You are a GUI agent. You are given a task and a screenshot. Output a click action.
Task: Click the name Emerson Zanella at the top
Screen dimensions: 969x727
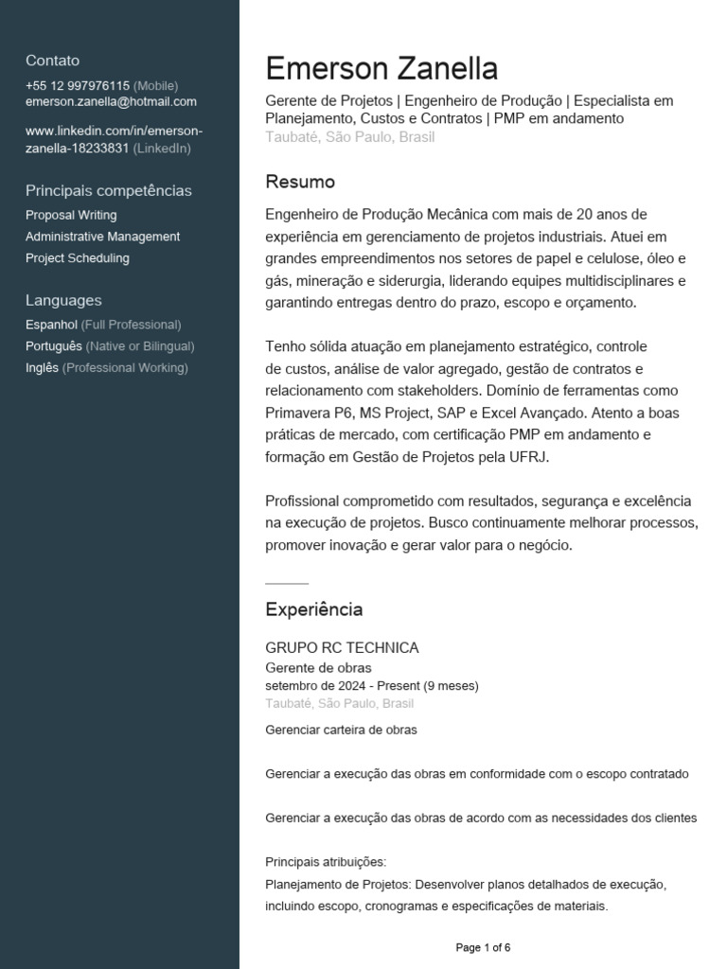(x=381, y=69)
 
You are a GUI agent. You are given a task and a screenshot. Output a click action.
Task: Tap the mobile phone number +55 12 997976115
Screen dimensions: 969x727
(x=78, y=85)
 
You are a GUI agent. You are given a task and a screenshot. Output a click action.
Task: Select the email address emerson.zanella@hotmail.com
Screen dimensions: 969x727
(x=111, y=101)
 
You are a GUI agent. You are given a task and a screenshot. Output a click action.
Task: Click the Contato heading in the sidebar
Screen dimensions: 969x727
(x=52, y=61)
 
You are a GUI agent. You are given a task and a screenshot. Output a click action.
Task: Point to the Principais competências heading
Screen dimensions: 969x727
(x=108, y=190)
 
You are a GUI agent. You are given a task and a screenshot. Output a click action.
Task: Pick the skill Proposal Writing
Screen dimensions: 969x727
(x=71, y=215)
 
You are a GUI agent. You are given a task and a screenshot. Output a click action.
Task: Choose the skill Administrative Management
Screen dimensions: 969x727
(x=102, y=237)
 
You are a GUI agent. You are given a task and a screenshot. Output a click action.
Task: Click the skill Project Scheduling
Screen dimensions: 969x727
(x=78, y=257)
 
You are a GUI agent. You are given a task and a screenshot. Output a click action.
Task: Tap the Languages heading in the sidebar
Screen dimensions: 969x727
(x=63, y=300)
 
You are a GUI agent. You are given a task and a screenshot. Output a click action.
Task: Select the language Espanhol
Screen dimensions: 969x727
(x=51, y=324)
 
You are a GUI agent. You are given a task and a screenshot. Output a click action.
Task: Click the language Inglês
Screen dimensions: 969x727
(x=42, y=367)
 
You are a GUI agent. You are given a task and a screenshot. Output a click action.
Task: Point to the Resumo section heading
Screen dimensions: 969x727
(x=300, y=182)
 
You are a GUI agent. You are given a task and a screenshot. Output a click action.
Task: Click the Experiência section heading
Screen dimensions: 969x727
(x=313, y=609)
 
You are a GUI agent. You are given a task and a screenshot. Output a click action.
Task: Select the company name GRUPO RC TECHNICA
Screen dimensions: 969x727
(x=342, y=648)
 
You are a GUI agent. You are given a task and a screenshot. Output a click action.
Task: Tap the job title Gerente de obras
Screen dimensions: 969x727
(x=318, y=667)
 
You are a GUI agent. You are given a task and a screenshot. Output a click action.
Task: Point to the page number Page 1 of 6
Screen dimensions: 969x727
(x=483, y=947)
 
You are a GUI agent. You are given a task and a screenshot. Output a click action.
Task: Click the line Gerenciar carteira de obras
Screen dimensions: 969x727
(x=341, y=730)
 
